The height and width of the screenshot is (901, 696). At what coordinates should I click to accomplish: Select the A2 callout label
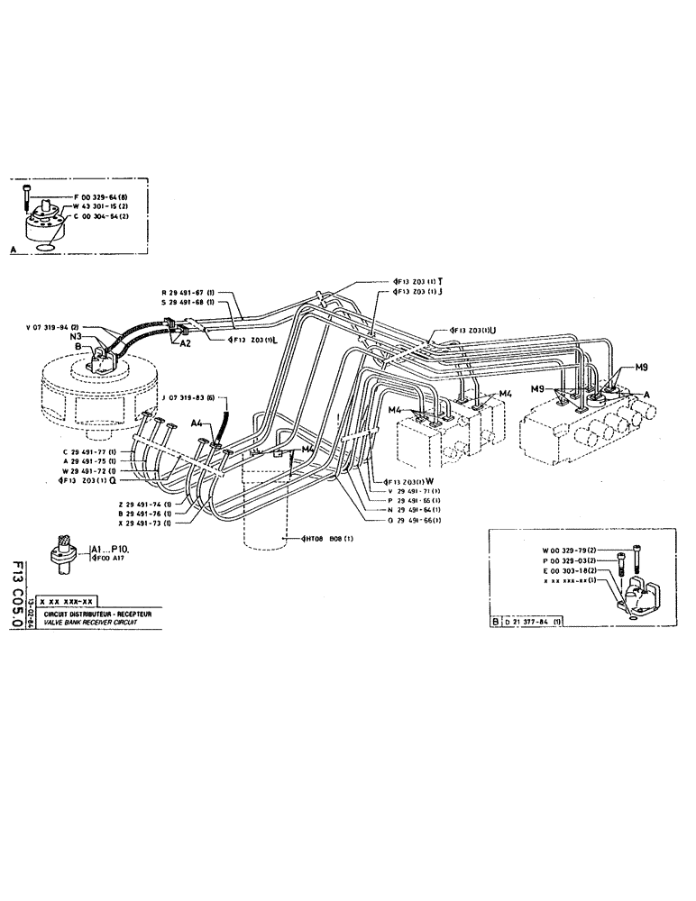(x=186, y=343)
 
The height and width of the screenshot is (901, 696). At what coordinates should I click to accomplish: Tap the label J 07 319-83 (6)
(x=195, y=398)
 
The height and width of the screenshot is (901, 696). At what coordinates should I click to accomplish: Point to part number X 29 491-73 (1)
(x=144, y=522)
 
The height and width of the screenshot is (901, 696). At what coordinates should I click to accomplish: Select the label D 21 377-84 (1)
(x=538, y=621)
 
